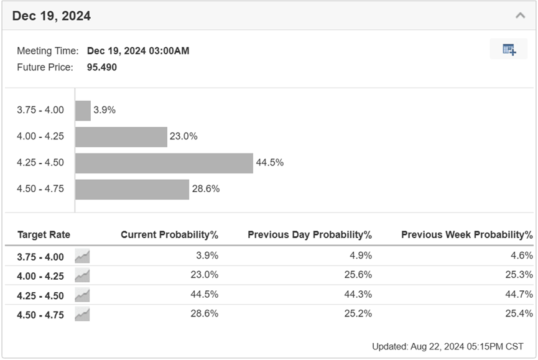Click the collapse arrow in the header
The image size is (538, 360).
pyautogui.click(x=520, y=16)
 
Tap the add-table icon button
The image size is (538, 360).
pyautogui.click(x=509, y=49)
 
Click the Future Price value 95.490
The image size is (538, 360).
pyautogui.click(x=102, y=67)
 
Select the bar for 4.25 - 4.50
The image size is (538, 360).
pyautogui.click(x=164, y=163)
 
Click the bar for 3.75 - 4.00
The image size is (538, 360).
pyautogui.click(x=83, y=111)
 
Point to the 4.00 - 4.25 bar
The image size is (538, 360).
pyautogui.click(x=121, y=137)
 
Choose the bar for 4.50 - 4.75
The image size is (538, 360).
pyautogui.click(x=132, y=189)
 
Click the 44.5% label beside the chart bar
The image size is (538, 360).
pyautogui.click(x=270, y=162)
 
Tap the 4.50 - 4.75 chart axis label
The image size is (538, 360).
pyautogui.click(x=40, y=188)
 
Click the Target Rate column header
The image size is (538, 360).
pyautogui.click(x=44, y=234)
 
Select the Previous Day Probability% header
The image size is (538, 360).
pyautogui.click(x=310, y=234)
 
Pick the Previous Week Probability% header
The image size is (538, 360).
pyautogui.click(x=467, y=234)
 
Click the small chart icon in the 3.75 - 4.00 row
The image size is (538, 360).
pyautogui.click(x=82, y=256)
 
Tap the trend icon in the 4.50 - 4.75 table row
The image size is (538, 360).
pyautogui.click(x=82, y=315)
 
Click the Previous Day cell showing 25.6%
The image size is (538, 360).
pyautogui.click(x=358, y=275)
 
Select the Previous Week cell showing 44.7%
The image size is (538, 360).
pyautogui.click(x=519, y=294)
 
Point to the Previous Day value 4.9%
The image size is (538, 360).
pyautogui.click(x=361, y=256)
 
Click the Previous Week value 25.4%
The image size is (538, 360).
pyautogui.click(x=519, y=313)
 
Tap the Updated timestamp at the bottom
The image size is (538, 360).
pyautogui.click(x=448, y=346)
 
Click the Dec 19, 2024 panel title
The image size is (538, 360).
pyautogui.click(x=52, y=16)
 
